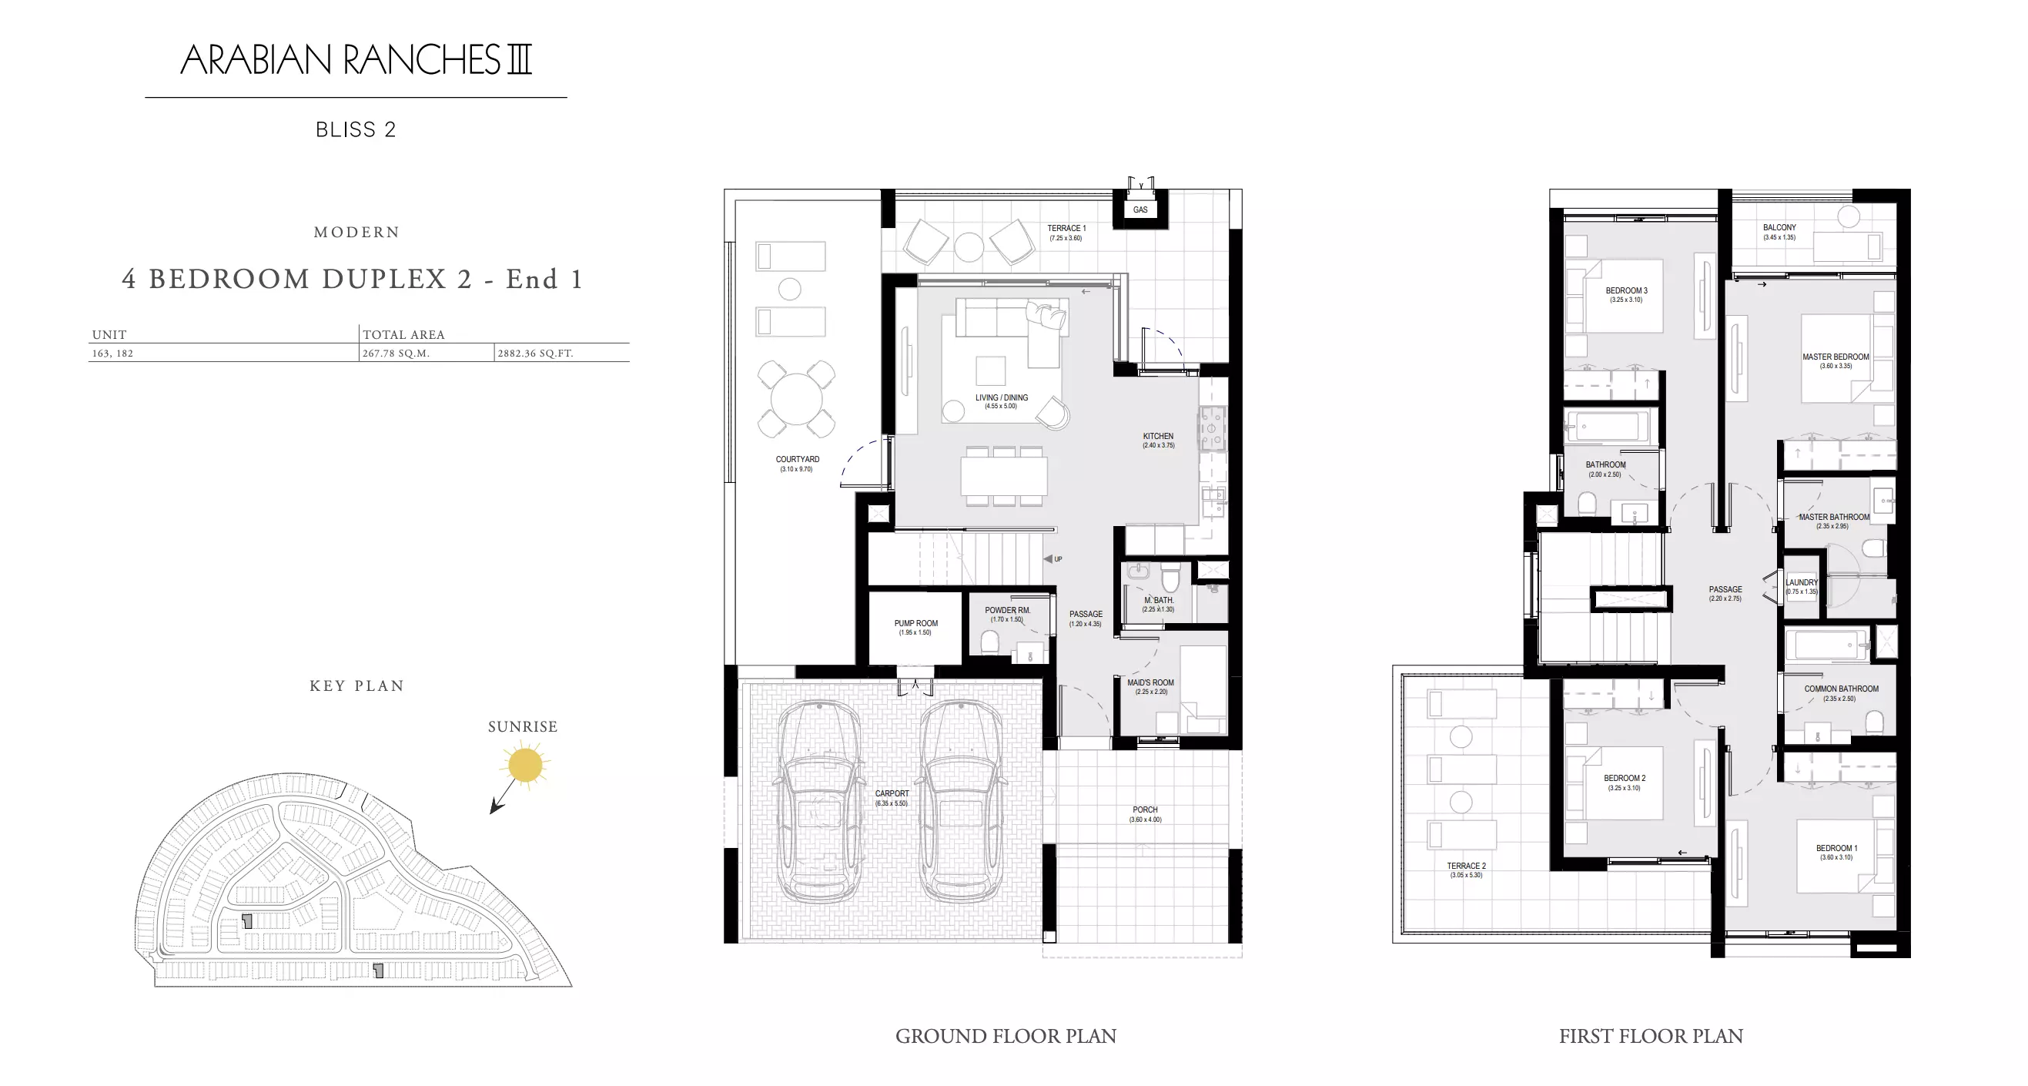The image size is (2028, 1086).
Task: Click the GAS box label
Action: [1140, 209]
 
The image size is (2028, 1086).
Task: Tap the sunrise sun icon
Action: [525, 765]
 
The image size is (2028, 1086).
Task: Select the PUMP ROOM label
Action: [915, 623]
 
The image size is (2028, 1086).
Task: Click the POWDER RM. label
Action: [1007, 610]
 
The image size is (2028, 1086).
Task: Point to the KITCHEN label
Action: [1158, 436]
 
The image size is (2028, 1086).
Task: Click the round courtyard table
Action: [796, 398]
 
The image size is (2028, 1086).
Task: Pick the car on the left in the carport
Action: [819, 802]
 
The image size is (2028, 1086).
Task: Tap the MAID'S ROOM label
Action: [1150, 682]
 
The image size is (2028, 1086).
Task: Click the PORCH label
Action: [1145, 809]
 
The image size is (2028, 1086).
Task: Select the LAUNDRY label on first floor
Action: [1802, 583]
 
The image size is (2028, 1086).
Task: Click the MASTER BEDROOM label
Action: [1835, 357]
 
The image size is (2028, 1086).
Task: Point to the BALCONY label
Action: [1779, 227]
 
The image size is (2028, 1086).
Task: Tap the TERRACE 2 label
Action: [1466, 866]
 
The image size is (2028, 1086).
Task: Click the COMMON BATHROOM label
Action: [1841, 689]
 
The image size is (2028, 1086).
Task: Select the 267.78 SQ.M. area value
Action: [396, 354]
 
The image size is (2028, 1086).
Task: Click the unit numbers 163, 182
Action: [112, 354]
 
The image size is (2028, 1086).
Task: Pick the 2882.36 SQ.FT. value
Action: [535, 354]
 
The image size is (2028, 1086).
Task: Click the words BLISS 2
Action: [356, 130]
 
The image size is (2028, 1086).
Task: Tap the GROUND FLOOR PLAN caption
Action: [1006, 1037]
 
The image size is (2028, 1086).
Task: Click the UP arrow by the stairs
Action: [1048, 559]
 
